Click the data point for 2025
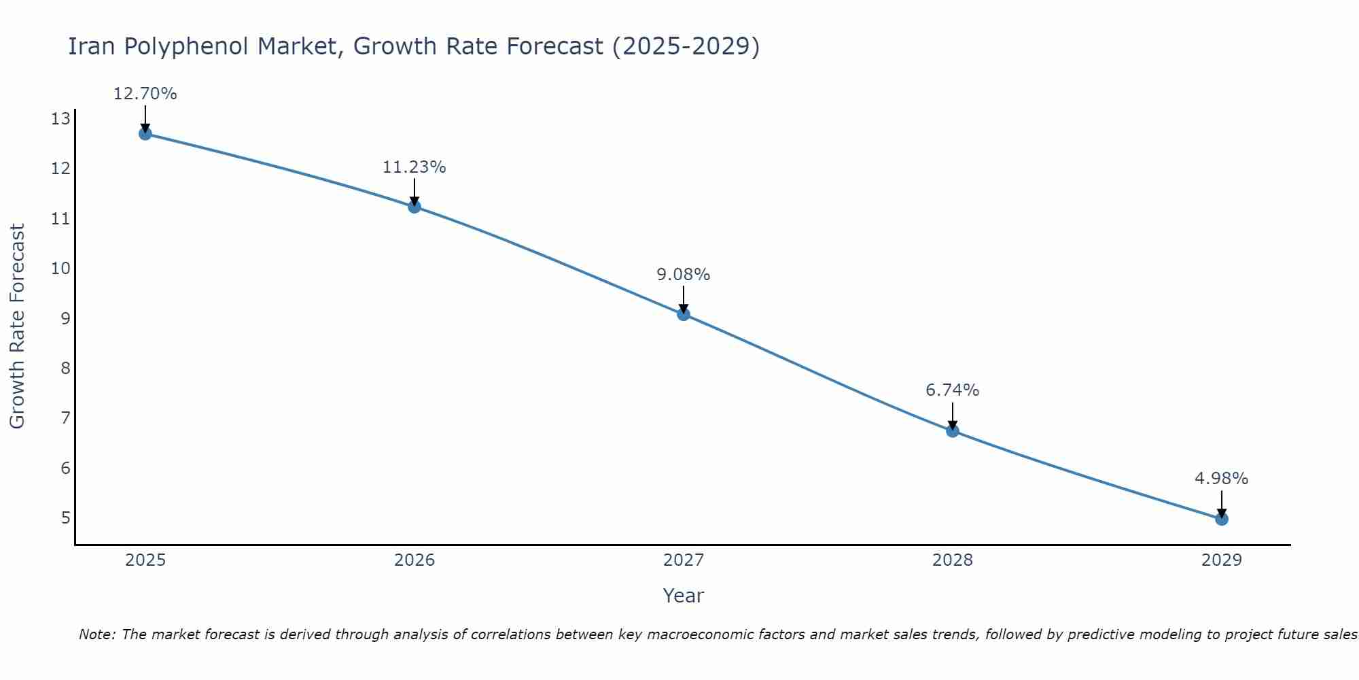145,133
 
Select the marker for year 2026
414,206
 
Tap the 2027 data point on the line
683,313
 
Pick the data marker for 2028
952,430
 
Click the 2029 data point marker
1221,519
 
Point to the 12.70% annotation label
145,94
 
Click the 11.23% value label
414,167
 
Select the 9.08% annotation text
683,275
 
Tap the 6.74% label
952,390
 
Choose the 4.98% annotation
1221,479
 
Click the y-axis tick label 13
60,119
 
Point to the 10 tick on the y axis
60,268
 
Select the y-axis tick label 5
65,518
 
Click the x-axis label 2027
683,560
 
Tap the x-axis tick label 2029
1221,560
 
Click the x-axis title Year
683,596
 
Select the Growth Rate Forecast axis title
17,326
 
